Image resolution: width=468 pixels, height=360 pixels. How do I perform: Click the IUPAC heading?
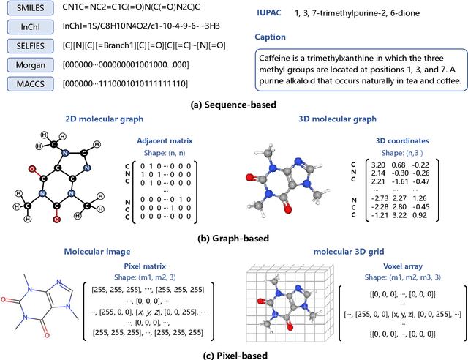tap(273, 12)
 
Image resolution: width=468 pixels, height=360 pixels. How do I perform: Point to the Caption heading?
tap(275, 37)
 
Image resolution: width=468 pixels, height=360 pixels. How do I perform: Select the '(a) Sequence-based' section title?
tap(233, 105)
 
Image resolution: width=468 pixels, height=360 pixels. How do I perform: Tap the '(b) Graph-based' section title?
tap(233, 239)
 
